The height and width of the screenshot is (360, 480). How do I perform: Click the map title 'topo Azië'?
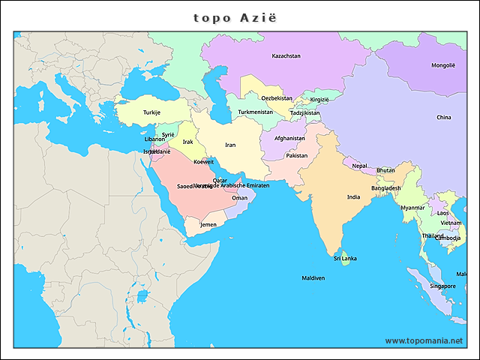click(x=240, y=16)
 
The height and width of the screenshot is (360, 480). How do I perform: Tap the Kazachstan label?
click(x=286, y=56)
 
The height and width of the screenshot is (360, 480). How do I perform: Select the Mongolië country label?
click(x=442, y=65)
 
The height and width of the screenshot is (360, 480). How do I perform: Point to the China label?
click(x=444, y=118)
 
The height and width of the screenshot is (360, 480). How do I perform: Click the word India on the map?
click(x=353, y=197)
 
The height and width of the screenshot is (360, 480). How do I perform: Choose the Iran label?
click(x=230, y=145)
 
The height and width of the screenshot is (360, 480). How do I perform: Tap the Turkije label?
click(x=151, y=112)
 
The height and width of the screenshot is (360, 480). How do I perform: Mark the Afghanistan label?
click(x=289, y=139)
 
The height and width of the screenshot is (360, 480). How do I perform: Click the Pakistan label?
click(x=296, y=156)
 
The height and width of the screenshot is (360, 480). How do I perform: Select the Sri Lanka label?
click(x=345, y=259)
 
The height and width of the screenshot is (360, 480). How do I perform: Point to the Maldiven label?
click(x=313, y=278)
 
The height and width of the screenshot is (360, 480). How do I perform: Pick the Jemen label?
click(x=208, y=225)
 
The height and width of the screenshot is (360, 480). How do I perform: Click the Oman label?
click(x=239, y=198)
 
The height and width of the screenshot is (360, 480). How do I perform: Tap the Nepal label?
click(x=360, y=166)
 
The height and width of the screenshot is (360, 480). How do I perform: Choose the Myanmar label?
click(x=412, y=208)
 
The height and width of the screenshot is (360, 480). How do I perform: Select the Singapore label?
click(x=442, y=286)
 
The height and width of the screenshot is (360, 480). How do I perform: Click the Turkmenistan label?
click(x=255, y=112)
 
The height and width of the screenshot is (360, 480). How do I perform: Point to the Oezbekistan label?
click(x=277, y=98)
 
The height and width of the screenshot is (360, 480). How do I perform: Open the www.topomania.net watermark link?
click(x=424, y=340)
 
